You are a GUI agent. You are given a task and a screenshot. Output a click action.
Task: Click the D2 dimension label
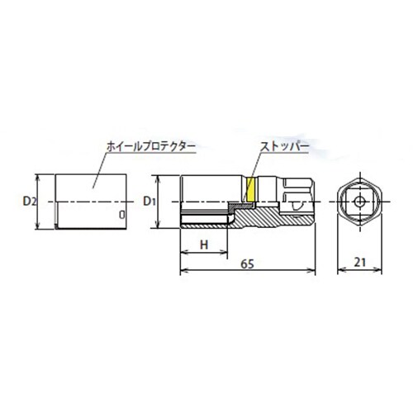29,201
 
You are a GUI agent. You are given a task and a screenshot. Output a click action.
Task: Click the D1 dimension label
150,201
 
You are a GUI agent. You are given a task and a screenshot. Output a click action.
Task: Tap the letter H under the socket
203,244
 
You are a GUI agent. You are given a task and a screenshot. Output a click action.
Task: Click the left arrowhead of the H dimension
183,254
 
